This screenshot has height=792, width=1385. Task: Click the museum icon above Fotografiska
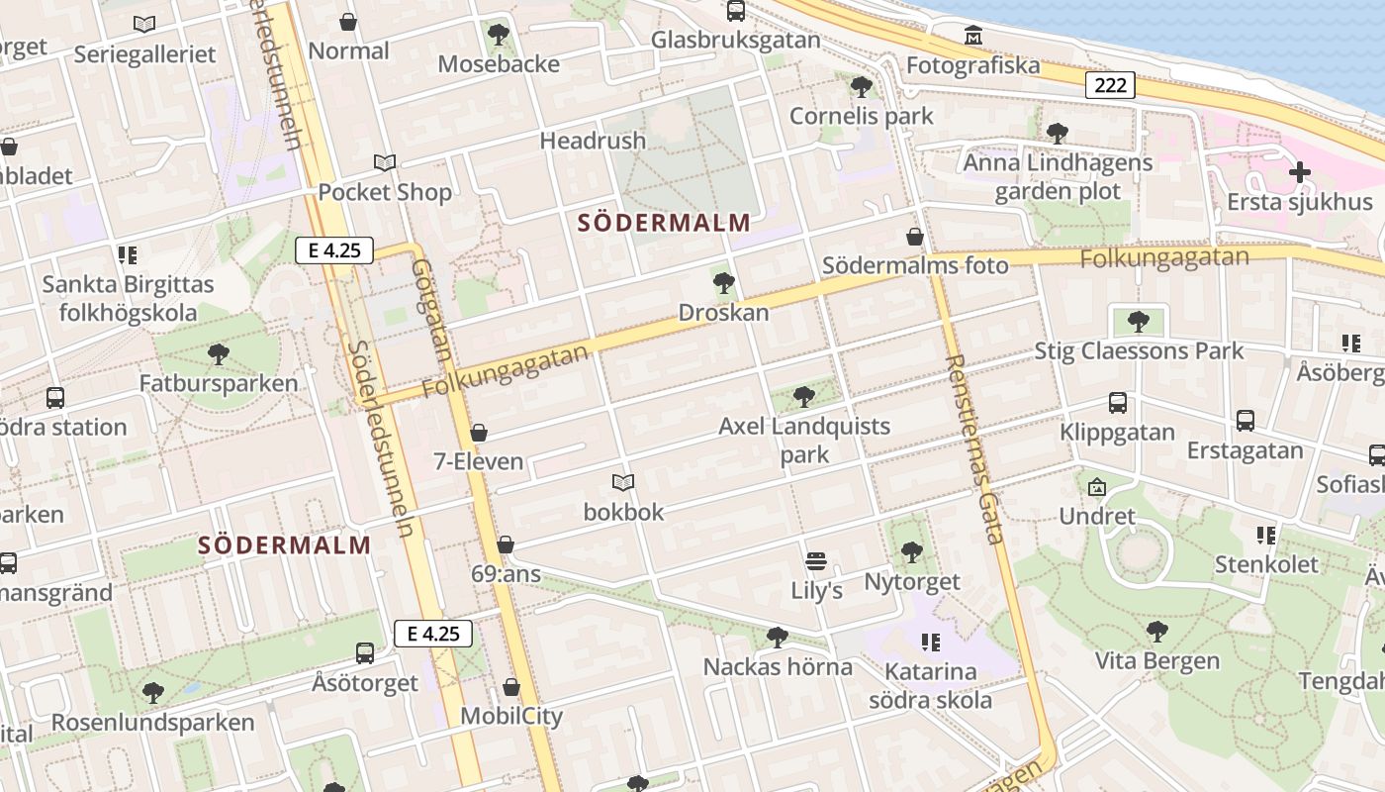tap(973, 37)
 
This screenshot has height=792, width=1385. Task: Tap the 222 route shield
tap(1110, 85)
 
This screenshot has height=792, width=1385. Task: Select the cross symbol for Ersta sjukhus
tap(1299, 172)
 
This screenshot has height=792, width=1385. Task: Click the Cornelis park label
tap(861, 116)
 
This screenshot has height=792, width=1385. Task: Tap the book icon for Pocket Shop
tap(385, 163)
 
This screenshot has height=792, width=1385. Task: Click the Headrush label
tap(593, 141)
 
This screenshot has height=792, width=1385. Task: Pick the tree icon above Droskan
tap(723, 283)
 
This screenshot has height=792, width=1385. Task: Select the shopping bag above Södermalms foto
tap(915, 237)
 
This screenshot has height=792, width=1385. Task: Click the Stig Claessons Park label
tap(1139, 350)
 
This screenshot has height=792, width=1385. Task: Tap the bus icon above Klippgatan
tap(1117, 403)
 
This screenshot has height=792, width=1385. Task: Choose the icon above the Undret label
tap(1096, 487)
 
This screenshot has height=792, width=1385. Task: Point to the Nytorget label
tap(912, 581)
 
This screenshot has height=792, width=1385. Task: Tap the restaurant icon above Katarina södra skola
tap(930, 643)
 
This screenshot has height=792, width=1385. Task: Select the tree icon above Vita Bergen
tap(1156, 631)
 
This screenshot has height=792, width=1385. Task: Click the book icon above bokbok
tap(622, 483)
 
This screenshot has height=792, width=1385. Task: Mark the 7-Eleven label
tap(479, 461)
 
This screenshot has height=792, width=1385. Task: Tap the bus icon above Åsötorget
tap(365, 653)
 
